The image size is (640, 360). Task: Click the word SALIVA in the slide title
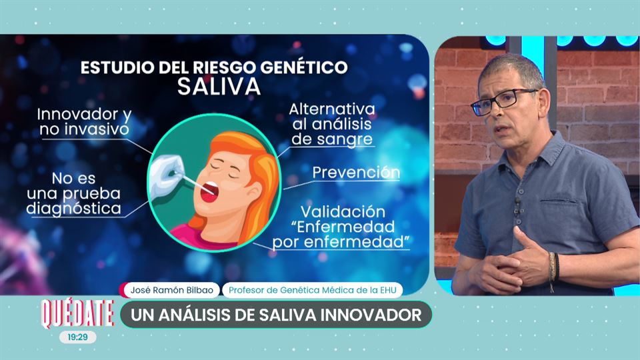click(219, 87)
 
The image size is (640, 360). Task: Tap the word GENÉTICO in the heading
click(304, 67)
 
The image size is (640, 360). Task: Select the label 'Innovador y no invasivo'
click(84, 121)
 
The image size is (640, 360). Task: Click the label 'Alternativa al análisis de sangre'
click(332, 124)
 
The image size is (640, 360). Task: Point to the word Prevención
click(356, 173)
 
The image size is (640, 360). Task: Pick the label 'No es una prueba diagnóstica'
click(74, 193)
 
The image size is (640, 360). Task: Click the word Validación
click(343, 212)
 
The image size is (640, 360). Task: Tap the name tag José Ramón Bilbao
click(171, 290)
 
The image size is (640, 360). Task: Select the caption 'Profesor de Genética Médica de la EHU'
click(312, 290)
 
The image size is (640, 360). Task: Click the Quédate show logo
click(77, 313)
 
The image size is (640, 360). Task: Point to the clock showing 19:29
click(77, 337)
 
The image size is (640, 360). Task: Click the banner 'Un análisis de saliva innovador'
click(276, 315)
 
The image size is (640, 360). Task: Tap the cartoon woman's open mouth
click(209, 191)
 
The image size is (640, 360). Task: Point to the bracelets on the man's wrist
click(553, 267)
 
